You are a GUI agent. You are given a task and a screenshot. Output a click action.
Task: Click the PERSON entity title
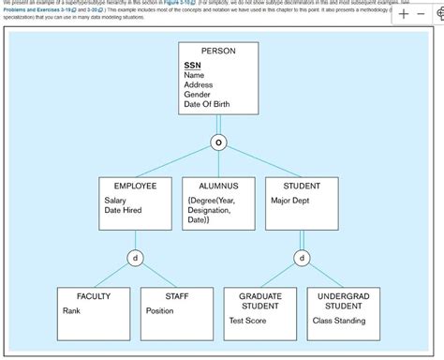(x=218, y=51)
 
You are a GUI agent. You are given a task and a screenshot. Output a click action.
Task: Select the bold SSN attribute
(x=192, y=65)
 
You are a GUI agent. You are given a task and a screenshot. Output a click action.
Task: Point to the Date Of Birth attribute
(x=207, y=104)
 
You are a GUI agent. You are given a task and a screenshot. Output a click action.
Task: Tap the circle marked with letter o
(x=219, y=142)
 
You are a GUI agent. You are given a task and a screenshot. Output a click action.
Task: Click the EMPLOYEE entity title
(x=135, y=187)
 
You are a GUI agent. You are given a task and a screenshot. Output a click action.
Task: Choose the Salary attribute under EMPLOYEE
(x=115, y=201)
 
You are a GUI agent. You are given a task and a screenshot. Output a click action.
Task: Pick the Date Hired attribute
(x=123, y=211)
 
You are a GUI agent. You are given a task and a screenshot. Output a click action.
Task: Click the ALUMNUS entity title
(x=218, y=187)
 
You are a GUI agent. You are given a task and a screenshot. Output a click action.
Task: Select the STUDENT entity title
(x=302, y=187)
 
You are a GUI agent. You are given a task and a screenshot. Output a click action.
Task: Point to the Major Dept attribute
(x=292, y=201)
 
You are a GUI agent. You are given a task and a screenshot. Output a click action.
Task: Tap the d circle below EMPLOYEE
(x=136, y=257)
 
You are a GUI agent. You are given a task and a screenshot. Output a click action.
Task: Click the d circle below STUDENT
(x=302, y=257)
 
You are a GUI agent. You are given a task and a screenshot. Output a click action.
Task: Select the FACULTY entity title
(x=94, y=296)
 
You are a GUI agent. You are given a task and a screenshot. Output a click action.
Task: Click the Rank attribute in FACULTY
(x=72, y=310)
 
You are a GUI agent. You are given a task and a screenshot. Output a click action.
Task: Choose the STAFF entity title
(x=177, y=296)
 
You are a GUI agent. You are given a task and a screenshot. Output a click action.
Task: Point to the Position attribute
(x=160, y=310)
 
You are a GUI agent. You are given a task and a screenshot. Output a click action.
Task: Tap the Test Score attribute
(x=248, y=321)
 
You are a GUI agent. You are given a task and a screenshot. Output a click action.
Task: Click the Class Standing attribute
(x=339, y=321)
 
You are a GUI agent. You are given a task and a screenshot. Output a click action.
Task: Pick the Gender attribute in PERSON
(x=198, y=95)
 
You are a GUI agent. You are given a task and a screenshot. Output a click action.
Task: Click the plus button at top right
(x=403, y=15)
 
